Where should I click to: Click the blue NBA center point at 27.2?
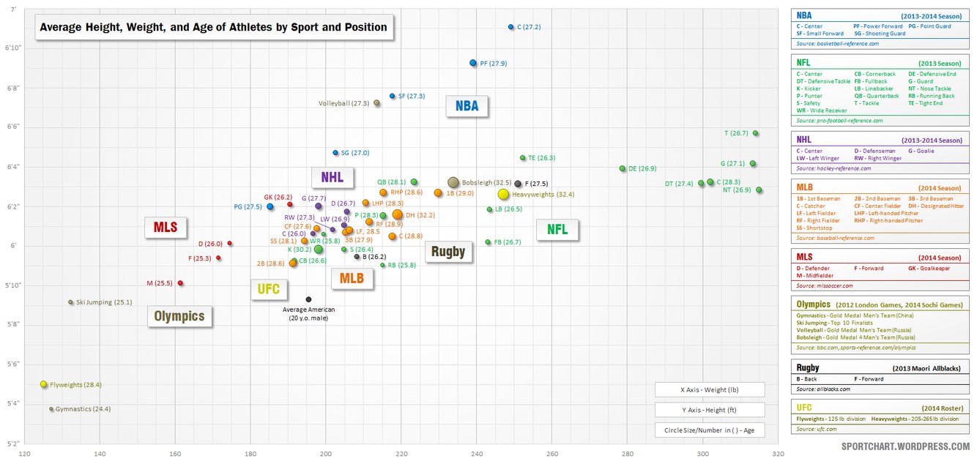(x=511, y=27)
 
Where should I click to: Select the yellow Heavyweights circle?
(x=503, y=195)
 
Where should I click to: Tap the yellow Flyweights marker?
(x=44, y=384)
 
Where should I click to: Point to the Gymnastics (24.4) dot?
(x=51, y=409)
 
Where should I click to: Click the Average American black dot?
(x=308, y=299)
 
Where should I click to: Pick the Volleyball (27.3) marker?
(x=376, y=103)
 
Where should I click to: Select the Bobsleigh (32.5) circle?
(x=453, y=182)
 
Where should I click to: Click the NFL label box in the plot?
(x=557, y=230)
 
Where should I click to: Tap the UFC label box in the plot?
(x=269, y=289)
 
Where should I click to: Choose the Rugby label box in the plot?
(x=447, y=252)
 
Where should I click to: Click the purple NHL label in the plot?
(x=332, y=176)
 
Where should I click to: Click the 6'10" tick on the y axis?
(x=12, y=48)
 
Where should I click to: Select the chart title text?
(x=213, y=27)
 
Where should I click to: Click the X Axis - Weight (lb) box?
(x=709, y=389)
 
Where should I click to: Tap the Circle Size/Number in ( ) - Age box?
(x=709, y=430)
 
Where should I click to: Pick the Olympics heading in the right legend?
(x=814, y=304)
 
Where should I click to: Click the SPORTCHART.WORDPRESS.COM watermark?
(x=905, y=446)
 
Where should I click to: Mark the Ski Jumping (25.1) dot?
(x=71, y=302)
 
